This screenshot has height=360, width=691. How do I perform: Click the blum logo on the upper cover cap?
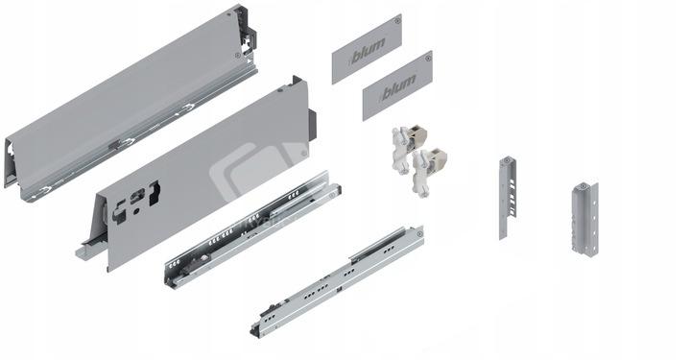point(367,49)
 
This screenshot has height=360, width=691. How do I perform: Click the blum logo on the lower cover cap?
point(398,86)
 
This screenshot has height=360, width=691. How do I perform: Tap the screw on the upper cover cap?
point(397,21)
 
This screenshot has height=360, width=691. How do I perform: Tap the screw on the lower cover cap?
point(428,58)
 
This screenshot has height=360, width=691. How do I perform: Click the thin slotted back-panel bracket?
point(508,198)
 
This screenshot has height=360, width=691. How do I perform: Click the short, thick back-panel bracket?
point(585,218)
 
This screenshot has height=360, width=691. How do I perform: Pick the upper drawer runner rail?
point(253,230)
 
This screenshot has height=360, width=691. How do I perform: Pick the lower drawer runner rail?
point(337,282)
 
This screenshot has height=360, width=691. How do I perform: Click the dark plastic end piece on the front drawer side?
point(313,125)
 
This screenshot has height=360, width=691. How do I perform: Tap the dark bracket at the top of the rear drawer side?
point(246,30)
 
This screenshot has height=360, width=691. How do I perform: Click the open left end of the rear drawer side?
point(12,162)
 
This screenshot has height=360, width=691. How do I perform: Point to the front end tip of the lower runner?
point(254,332)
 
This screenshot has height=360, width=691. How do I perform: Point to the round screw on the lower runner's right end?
point(419,233)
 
